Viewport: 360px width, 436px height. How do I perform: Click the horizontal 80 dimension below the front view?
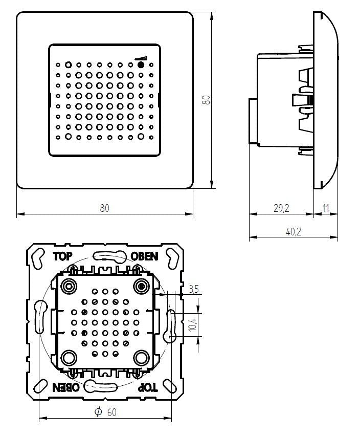(x=104, y=208)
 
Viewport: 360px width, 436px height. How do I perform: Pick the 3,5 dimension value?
(x=193, y=289)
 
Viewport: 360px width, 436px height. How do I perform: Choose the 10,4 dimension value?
(x=193, y=324)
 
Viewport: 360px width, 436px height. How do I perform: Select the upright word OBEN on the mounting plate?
(x=145, y=256)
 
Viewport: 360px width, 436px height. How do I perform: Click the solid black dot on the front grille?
(x=141, y=66)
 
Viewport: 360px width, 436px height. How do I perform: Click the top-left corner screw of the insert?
(x=68, y=285)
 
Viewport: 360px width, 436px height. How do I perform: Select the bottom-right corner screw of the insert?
(x=141, y=357)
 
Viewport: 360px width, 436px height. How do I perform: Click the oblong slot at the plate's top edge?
(x=106, y=256)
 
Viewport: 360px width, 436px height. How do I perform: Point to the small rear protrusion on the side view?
(x=252, y=121)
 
